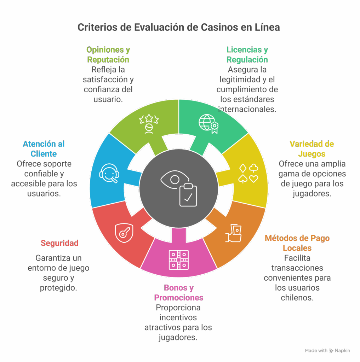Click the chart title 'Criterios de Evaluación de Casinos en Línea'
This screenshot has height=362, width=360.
(x=178, y=27)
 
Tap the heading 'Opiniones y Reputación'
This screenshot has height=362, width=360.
(x=108, y=54)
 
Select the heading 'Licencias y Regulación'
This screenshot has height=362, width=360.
(x=247, y=54)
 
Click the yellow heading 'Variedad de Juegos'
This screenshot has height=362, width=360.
(x=312, y=149)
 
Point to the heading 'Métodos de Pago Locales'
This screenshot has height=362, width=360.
(x=297, y=243)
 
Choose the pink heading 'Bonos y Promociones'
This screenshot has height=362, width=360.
(x=179, y=292)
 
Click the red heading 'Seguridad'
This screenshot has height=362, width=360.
(x=59, y=243)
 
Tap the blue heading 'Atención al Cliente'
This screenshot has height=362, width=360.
(x=44, y=149)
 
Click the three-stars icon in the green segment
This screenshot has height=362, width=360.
(x=149, y=123)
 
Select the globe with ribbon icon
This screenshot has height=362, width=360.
(x=208, y=123)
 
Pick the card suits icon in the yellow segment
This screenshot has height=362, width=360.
(x=248, y=174)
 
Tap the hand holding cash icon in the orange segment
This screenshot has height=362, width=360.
(x=234, y=233)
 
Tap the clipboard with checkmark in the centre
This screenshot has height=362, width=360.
(x=188, y=195)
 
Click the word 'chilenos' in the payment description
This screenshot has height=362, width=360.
(x=297, y=298)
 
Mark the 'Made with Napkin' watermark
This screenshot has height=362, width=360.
(x=327, y=351)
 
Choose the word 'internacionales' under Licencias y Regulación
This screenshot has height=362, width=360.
(x=247, y=109)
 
